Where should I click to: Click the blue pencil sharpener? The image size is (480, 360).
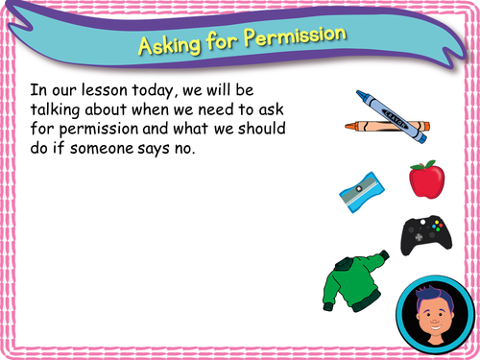[x=357, y=191]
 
